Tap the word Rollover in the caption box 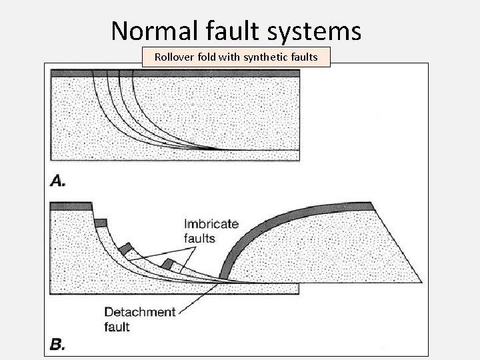pyautogui.click(x=174, y=57)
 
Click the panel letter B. pyautogui.click(x=57, y=345)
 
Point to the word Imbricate pyautogui.click(x=210, y=224)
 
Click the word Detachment pyautogui.click(x=141, y=311)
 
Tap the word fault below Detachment pyautogui.click(x=117, y=327)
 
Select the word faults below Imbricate pyautogui.click(x=200, y=238)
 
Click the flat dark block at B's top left pyautogui.click(x=70, y=205)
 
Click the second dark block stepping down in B pyautogui.click(x=101, y=223)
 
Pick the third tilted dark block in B pyautogui.click(x=125, y=249)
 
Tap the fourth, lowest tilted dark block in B pyautogui.click(x=169, y=264)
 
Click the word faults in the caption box pyautogui.click(x=303, y=57)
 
